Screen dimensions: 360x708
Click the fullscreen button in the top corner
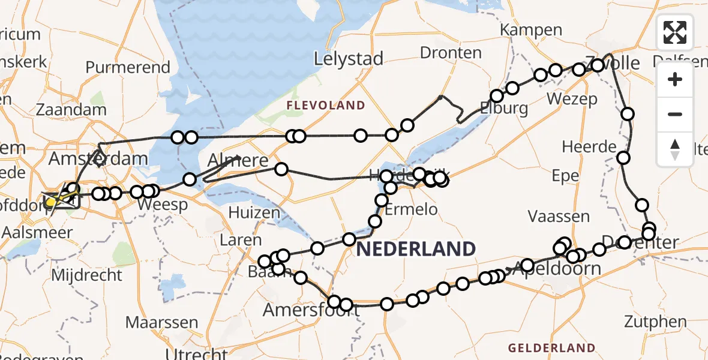(x=675, y=32)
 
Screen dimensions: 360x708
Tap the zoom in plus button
(x=675, y=80)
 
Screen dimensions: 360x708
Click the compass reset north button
(x=675, y=149)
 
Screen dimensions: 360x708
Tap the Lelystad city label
(x=349, y=59)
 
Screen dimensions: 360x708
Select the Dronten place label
(x=451, y=53)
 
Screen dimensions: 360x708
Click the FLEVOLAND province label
(x=326, y=106)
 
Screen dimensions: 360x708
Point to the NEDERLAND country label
(x=416, y=248)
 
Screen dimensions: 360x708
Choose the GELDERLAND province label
(x=551, y=347)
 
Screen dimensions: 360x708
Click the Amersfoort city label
(x=311, y=310)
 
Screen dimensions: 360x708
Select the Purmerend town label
(x=128, y=67)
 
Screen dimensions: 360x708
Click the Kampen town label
(x=531, y=30)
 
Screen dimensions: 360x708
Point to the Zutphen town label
(x=655, y=322)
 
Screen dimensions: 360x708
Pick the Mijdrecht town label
(x=87, y=275)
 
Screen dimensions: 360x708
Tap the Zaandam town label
(x=71, y=110)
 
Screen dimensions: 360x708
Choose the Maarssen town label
(x=161, y=322)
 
